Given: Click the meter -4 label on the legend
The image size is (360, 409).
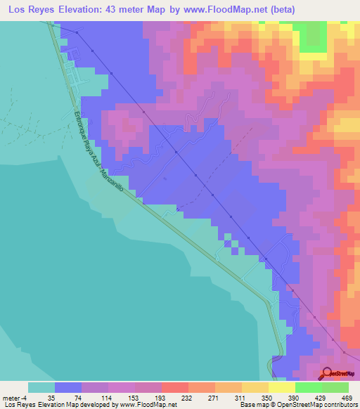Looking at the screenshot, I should pyautogui.click(x=14, y=398).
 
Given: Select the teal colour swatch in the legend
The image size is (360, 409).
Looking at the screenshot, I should pyautogui.click(x=41, y=387).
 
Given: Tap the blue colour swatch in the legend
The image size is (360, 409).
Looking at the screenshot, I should pyautogui.click(x=67, y=387).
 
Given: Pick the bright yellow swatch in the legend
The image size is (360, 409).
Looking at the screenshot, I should pyautogui.click(x=281, y=387).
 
